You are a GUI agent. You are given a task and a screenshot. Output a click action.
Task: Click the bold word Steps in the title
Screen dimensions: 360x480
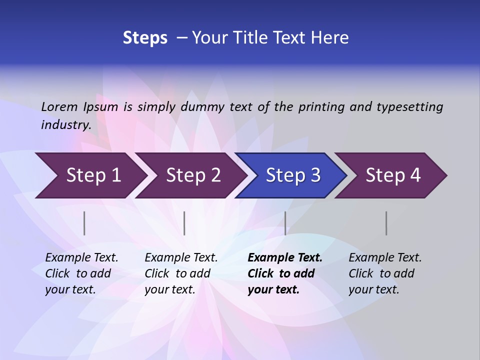pyautogui.click(x=145, y=38)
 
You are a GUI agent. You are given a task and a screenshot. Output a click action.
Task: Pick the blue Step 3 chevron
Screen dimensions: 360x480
pyautogui.click(x=293, y=175)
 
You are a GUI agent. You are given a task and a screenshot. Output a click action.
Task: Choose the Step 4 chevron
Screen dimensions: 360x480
pyautogui.click(x=393, y=175)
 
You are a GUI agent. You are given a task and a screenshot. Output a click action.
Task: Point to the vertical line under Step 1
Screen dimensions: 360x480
pyautogui.click(x=84, y=223)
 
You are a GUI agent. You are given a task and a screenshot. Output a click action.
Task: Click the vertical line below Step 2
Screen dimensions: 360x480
pyautogui.click(x=184, y=223)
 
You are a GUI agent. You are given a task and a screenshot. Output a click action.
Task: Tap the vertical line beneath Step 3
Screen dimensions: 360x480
pyautogui.click(x=285, y=223)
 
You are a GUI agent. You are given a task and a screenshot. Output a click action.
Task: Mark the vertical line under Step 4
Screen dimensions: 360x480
pyautogui.click(x=386, y=223)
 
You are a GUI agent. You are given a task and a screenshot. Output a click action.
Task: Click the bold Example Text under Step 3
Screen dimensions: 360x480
pyautogui.click(x=285, y=258)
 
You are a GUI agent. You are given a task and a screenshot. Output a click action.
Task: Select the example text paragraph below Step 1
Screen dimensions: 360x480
pyautogui.click(x=81, y=273)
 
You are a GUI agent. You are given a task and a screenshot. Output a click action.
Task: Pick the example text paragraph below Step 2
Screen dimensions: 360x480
pyautogui.click(x=181, y=273)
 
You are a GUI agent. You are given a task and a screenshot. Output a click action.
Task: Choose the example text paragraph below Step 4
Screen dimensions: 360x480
pyautogui.click(x=385, y=273)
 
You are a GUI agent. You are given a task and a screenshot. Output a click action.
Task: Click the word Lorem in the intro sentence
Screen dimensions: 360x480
pyautogui.click(x=59, y=107)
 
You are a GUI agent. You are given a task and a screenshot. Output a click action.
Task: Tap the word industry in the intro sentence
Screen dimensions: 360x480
pyautogui.click(x=65, y=125)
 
